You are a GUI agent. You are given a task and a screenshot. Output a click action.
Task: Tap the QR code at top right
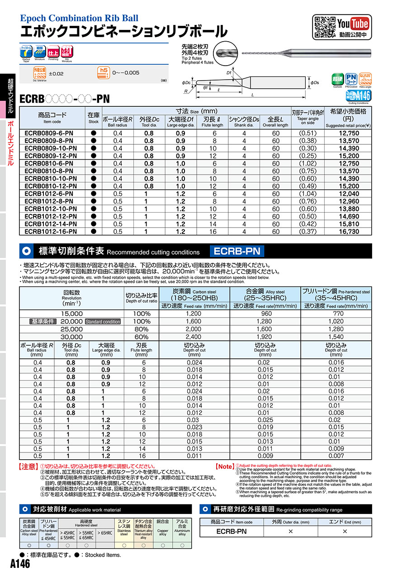(x=324, y=26)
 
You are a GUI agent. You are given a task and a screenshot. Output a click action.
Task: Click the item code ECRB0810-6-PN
(x=48, y=163)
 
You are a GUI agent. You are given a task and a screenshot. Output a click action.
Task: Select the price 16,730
(x=348, y=231)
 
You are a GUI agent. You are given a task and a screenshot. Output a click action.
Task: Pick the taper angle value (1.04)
(x=308, y=194)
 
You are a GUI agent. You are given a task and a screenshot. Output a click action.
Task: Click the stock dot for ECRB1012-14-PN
(x=94, y=224)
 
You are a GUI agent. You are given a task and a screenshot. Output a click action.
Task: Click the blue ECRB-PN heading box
(x=236, y=251)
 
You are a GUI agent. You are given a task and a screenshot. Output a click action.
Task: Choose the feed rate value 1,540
(x=336, y=337)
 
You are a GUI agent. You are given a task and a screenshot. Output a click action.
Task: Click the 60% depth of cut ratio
(x=142, y=337)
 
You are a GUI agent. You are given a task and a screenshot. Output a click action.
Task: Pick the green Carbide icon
(x=337, y=79)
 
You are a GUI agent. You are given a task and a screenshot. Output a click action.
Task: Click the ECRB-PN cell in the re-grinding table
(x=232, y=531)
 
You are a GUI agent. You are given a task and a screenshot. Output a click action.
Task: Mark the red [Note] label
(x=225, y=466)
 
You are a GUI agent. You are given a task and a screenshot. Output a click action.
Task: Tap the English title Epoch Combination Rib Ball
(x=79, y=18)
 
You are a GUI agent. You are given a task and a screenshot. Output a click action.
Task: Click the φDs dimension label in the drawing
(x=315, y=82)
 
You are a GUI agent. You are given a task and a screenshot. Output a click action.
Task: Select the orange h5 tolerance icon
(x=104, y=72)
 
